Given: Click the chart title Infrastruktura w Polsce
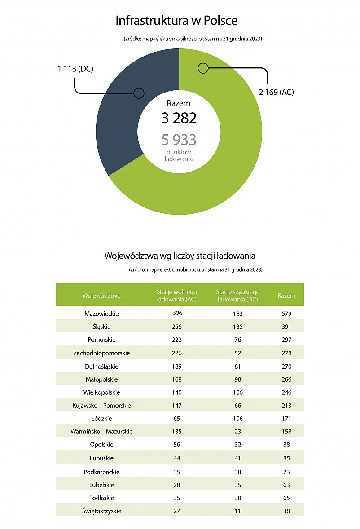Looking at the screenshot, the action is coord(176,21).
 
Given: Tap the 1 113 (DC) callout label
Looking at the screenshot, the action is coord(75,69).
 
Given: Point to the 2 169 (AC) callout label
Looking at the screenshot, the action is coord(277,92).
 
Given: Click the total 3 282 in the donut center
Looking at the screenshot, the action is coord(179,118).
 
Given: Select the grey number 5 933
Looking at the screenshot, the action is coord(179,139).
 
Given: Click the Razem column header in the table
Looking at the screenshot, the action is coord(286,295).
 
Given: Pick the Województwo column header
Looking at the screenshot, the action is coord(101,295).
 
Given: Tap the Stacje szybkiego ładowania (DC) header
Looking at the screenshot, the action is coord(237,295).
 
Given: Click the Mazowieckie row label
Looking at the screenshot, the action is coord(101,313).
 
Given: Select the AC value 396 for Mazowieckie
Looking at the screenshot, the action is coord(177,313).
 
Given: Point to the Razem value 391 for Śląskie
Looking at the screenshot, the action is coord(286,326).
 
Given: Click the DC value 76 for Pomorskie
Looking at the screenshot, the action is coord(237,339).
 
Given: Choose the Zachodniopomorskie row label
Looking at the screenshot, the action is coord(101,353).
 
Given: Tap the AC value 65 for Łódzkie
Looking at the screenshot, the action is coord(176,419).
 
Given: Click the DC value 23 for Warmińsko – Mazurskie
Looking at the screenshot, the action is coord(237,431).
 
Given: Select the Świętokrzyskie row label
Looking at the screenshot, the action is coord(101,511).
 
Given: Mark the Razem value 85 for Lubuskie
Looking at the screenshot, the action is coord(286,458).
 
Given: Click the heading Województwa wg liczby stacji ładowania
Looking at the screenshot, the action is coord(180,256).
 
